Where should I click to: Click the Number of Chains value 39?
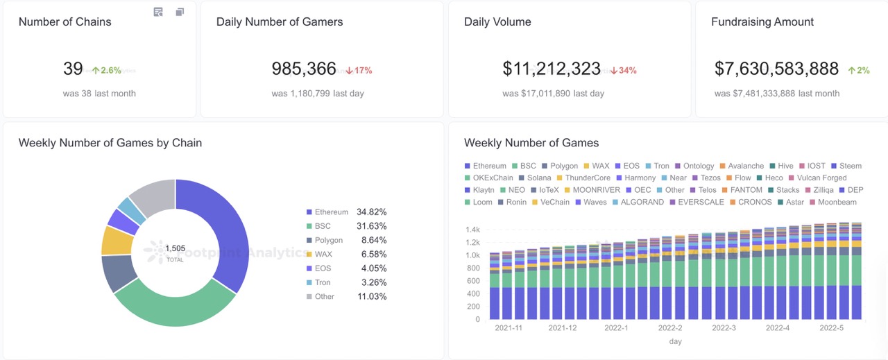click(73, 69)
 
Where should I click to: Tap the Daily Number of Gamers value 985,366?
click(304, 69)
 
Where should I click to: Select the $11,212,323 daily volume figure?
click(552, 69)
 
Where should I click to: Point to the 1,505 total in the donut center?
click(175, 248)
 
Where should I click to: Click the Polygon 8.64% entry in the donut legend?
click(346, 240)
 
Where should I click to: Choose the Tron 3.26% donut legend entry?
click(346, 282)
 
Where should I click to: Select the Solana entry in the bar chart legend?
click(534, 178)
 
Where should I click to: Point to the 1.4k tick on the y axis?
click(473, 230)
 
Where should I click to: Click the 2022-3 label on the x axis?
click(724, 328)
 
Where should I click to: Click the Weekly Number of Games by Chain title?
click(110, 143)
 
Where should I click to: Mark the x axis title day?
click(675, 341)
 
